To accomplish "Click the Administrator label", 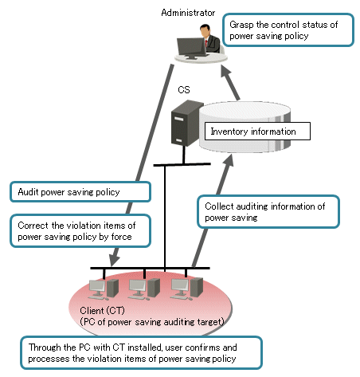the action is pos(188,13).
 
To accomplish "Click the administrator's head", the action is pos(205,31).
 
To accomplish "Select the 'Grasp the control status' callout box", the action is pos(288,30).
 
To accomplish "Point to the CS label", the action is pos(184,90).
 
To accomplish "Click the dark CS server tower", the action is pos(186,123).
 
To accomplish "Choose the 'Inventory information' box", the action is pos(257,132).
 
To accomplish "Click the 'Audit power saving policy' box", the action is pos(80,192).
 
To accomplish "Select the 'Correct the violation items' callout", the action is pos(80,231).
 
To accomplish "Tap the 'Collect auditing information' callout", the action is pos(268,212).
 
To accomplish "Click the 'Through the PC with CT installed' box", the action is pos(141,353).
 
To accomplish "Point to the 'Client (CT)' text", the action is pos(102,310).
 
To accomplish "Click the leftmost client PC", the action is pos(104,289).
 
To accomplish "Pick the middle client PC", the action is pos(144,289).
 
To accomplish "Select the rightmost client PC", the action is pos(186,289).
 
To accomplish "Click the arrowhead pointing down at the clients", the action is pos(114,259).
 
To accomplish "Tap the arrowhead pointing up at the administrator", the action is pos(225,72).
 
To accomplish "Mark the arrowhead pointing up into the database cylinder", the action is pos(229,160).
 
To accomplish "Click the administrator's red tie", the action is pos(206,43).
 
